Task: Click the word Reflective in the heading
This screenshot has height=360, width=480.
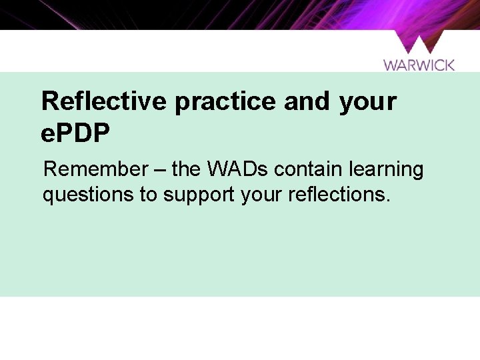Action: (x=103, y=102)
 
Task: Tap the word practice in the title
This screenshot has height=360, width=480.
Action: (x=225, y=102)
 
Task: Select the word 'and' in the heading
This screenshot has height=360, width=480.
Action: (x=307, y=102)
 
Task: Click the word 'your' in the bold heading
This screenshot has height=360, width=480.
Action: (x=367, y=102)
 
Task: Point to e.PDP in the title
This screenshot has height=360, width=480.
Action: (x=75, y=133)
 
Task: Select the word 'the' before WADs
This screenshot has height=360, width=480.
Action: (x=187, y=169)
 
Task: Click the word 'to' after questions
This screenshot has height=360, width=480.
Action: (x=150, y=195)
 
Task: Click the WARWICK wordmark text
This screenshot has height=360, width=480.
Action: (x=419, y=65)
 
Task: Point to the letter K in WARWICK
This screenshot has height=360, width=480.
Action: (x=449, y=65)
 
